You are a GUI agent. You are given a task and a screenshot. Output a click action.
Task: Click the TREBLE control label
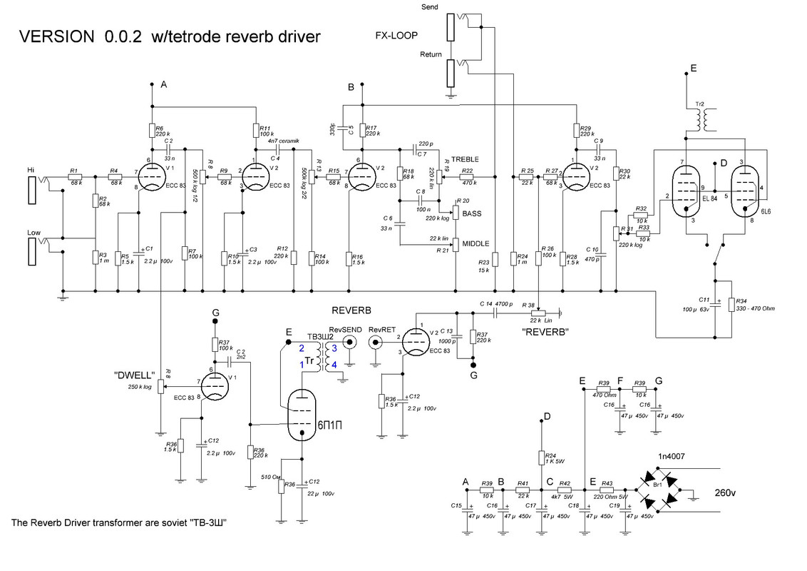(x=462, y=158)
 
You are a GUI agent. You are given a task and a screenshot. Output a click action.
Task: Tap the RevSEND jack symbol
(x=349, y=343)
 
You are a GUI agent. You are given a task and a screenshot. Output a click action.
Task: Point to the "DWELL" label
(x=131, y=374)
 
